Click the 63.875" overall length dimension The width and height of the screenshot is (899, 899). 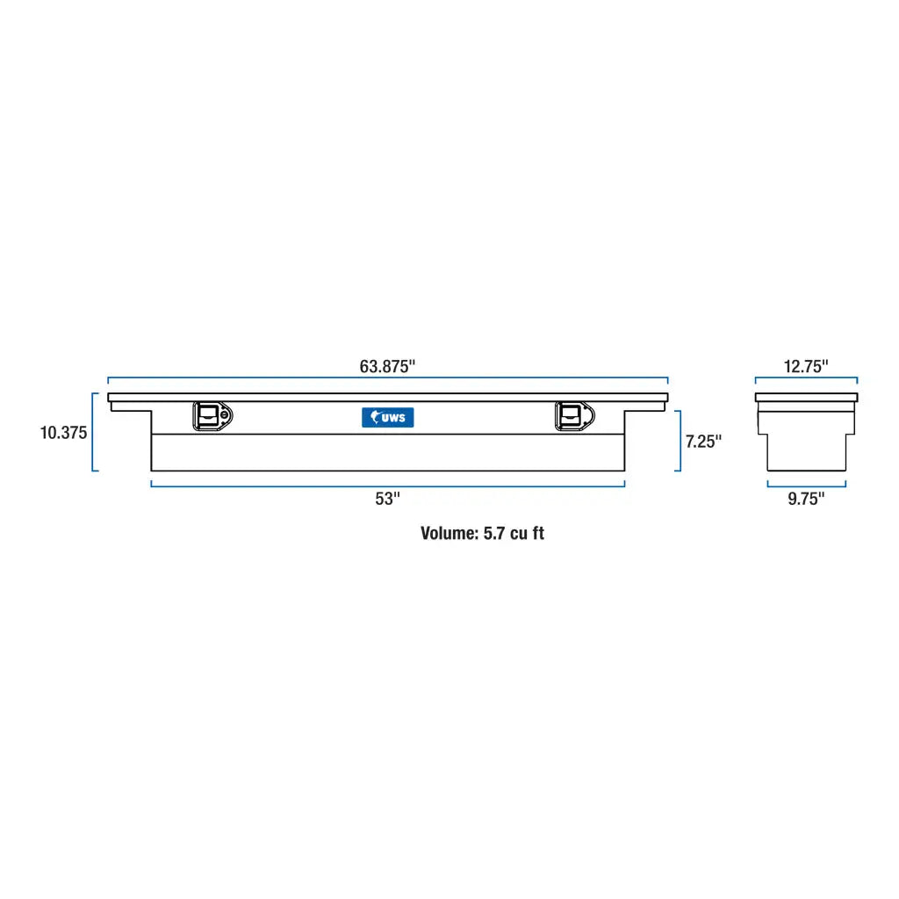386,367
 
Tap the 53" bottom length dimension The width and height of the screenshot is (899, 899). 387,499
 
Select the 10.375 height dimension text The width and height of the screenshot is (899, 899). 63,433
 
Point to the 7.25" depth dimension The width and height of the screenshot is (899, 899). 703,442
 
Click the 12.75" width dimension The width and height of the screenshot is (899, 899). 806,367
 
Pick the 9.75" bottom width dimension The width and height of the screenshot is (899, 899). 806,499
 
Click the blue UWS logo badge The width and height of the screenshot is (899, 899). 387,418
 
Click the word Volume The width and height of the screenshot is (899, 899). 449,533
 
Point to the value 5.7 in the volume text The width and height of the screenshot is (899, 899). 493,533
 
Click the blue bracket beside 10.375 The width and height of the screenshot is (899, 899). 93,432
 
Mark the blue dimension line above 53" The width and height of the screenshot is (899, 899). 387,485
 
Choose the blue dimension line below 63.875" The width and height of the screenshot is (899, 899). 387,379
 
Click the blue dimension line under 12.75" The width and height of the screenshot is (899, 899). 806,379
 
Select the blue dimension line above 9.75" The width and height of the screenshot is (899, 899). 806,484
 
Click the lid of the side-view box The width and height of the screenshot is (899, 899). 806,398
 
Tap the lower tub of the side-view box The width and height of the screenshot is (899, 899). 806,451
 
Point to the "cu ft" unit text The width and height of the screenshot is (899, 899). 528,533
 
